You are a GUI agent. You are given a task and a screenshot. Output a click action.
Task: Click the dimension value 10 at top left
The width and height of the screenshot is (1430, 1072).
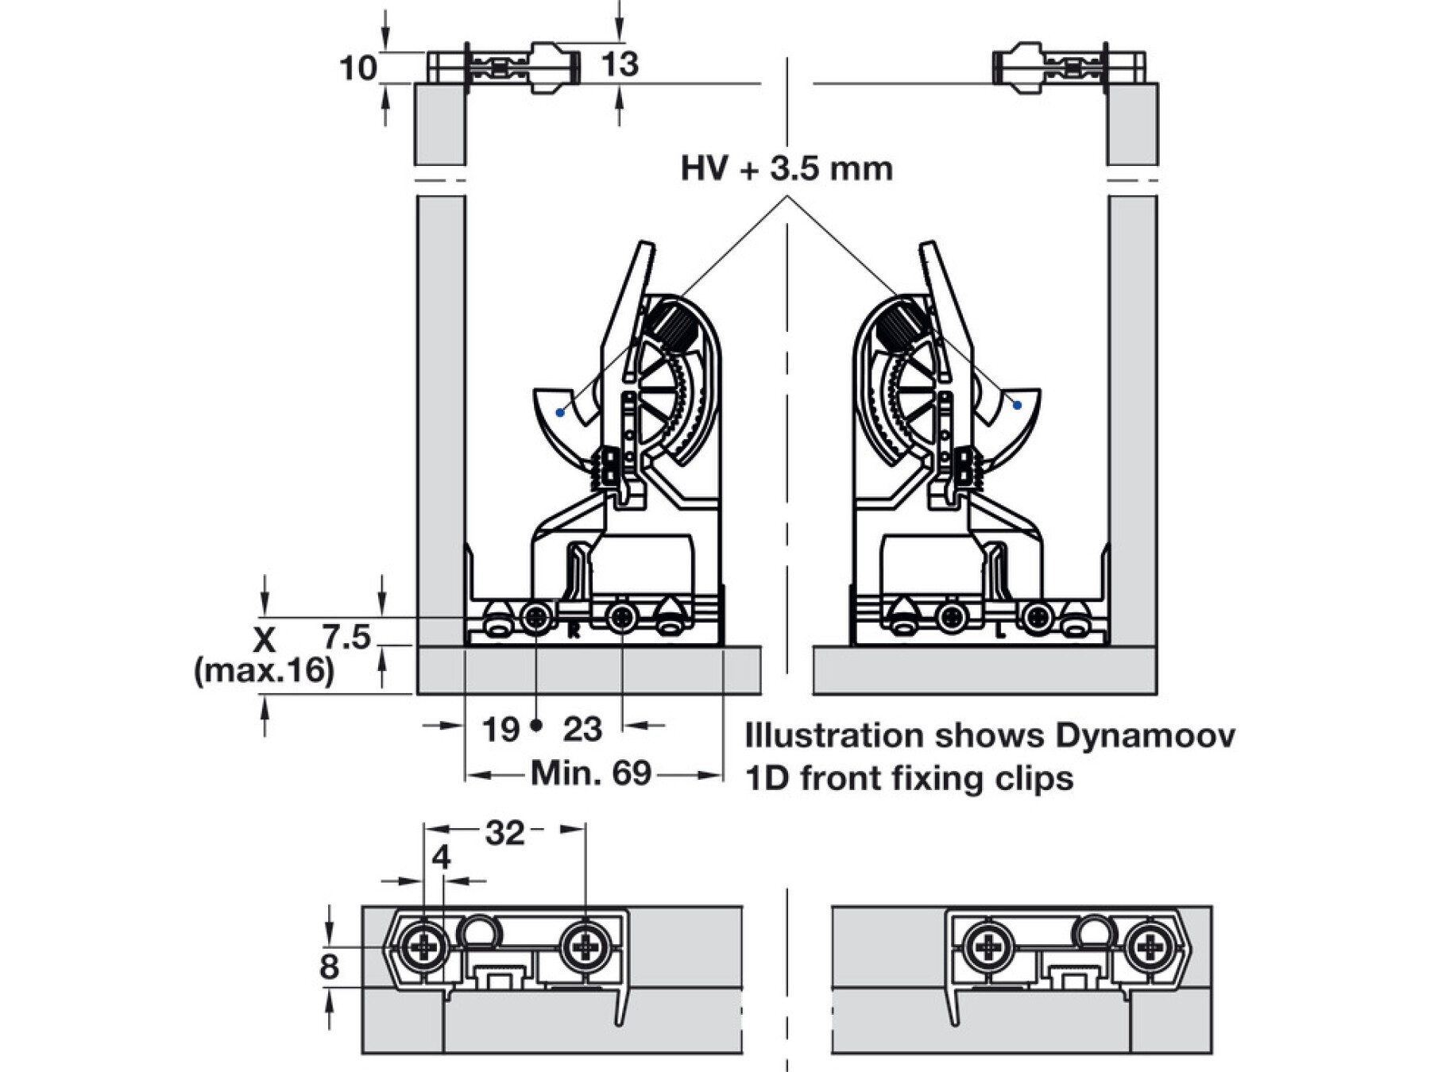357,68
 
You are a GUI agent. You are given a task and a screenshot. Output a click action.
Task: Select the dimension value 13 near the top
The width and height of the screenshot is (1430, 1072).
620,64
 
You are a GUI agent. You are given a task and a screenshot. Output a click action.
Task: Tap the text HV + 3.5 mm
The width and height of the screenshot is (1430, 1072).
786,168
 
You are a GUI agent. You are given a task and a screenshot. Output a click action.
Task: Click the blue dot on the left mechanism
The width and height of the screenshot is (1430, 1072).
560,412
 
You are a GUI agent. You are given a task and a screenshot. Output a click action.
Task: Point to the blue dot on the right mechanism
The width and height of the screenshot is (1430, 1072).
1017,405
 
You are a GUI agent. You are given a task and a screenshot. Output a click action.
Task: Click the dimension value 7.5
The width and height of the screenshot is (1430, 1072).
346,637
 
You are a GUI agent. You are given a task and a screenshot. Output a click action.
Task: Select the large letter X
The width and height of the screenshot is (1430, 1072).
264,639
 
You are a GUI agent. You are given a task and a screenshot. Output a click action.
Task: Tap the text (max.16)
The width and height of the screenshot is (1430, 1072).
264,671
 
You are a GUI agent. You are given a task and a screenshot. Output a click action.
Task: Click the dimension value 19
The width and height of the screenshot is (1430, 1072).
500,729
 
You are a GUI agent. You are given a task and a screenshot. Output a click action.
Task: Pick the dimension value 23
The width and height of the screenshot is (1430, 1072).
582,729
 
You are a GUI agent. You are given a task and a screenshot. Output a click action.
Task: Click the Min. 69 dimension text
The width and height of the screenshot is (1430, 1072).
591,773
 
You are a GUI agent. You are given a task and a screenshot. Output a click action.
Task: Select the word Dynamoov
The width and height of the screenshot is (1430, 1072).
1145,735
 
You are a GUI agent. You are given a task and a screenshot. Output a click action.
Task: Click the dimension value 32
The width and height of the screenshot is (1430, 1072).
504,833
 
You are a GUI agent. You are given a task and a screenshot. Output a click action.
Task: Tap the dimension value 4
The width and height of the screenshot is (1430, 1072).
442,858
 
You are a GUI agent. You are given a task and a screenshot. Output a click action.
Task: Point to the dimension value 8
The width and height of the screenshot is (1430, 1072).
329,967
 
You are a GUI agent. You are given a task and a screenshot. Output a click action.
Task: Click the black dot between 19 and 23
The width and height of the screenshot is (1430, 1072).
536,724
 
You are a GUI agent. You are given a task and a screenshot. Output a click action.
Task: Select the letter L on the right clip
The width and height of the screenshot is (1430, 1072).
1001,633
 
